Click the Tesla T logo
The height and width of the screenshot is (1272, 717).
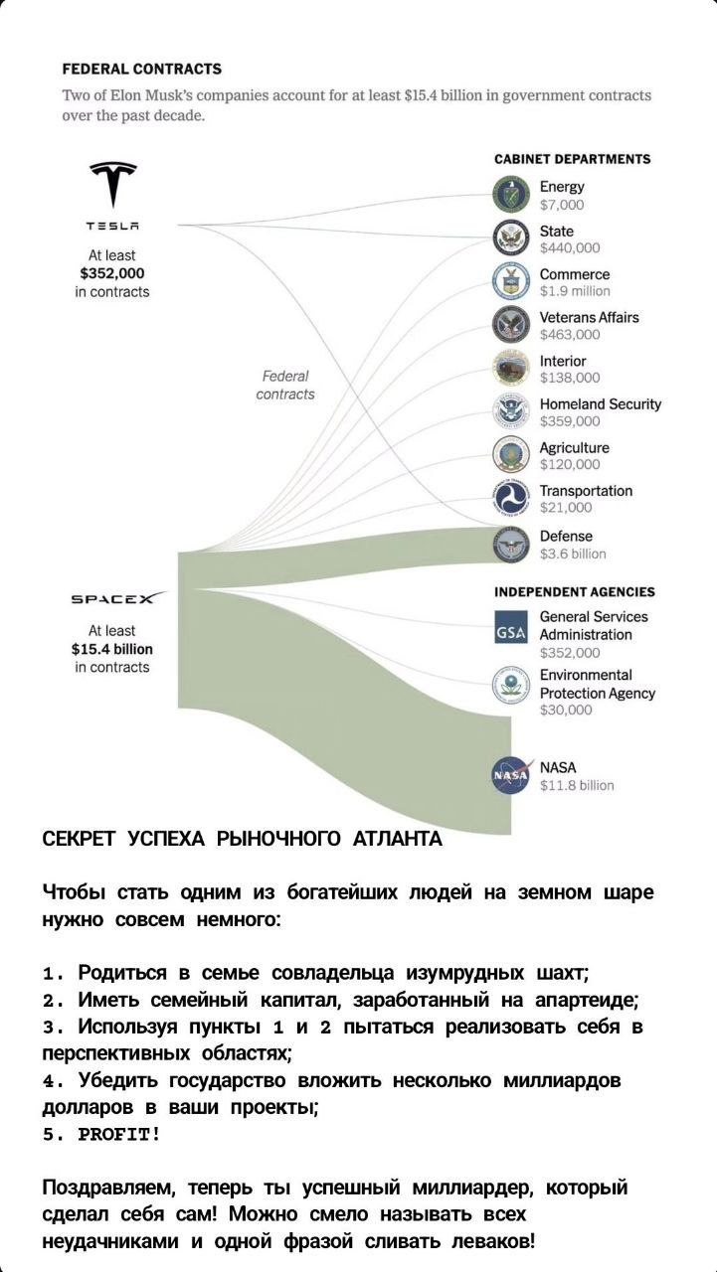point(112,185)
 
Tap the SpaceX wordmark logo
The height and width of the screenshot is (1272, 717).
point(112,599)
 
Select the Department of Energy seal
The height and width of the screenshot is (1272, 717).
point(511,195)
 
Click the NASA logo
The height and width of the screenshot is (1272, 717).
point(511,775)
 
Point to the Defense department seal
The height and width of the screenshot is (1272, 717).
point(511,545)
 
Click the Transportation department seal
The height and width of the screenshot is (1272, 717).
point(511,499)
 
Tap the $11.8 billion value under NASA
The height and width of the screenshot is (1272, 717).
point(577,785)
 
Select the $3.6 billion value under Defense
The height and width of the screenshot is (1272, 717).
point(573,554)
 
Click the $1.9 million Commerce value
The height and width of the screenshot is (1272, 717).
point(575,291)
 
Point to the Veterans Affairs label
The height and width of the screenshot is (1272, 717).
point(589,317)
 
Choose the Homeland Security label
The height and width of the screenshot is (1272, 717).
point(600,403)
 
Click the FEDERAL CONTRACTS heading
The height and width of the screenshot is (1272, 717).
point(141,69)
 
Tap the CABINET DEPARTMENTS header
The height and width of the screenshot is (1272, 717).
point(572,159)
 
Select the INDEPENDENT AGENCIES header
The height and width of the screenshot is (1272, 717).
point(574,591)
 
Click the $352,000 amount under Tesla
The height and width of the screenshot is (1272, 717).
point(112,273)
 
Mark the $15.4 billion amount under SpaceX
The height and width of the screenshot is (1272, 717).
point(112,649)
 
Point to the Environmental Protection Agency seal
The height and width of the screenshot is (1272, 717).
point(511,685)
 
